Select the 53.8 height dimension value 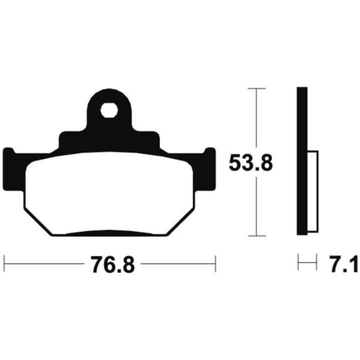[x=251, y=163]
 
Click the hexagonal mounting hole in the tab [x=109, y=110]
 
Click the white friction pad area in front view [x=109, y=193]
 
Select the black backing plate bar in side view [x=302, y=161]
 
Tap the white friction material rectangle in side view [x=312, y=191]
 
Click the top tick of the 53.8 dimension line [x=256, y=88]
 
